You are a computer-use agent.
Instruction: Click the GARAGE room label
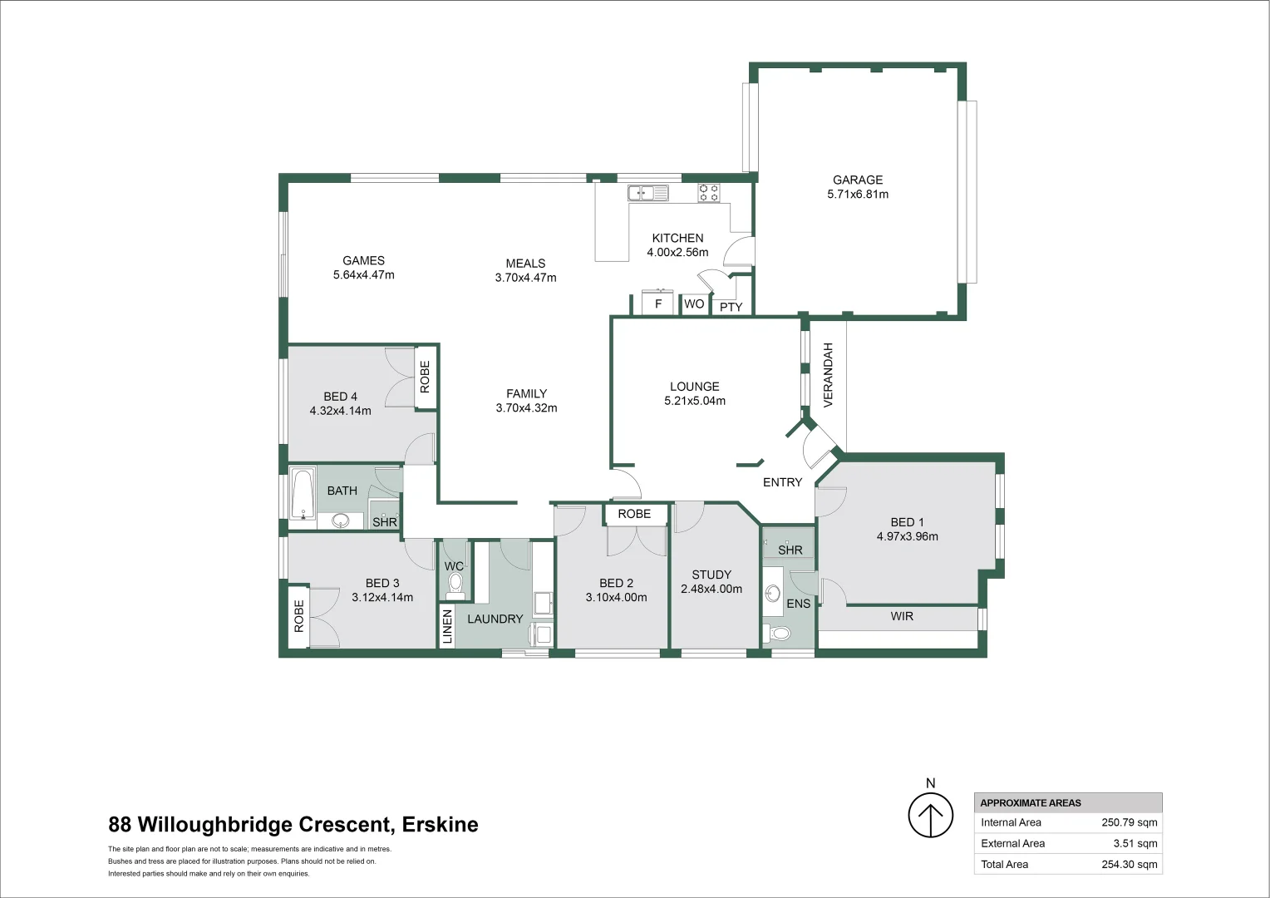[x=858, y=180]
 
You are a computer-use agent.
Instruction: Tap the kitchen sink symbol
[x=647, y=194]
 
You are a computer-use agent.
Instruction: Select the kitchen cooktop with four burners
[x=709, y=193]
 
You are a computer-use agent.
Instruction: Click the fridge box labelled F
[x=657, y=303]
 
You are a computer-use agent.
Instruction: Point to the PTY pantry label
[x=731, y=307]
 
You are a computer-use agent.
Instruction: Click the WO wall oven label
[x=694, y=304]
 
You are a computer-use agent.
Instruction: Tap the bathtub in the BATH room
[x=303, y=496]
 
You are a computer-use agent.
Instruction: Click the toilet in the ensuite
[x=780, y=634]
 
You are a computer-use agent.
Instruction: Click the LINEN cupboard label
[x=447, y=627]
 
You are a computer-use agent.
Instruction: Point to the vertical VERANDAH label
[x=828, y=375]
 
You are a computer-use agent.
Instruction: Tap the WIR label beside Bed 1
[x=902, y=616]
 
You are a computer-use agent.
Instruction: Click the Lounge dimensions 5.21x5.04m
[x=694, y=401]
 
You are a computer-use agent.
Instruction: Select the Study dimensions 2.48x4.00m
[x=711, y=589]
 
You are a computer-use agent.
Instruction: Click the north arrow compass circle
[x=930, y=816]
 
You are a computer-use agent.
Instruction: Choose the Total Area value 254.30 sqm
[x=1129, y=864]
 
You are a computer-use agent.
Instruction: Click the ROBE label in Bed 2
[x=634, y=514]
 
